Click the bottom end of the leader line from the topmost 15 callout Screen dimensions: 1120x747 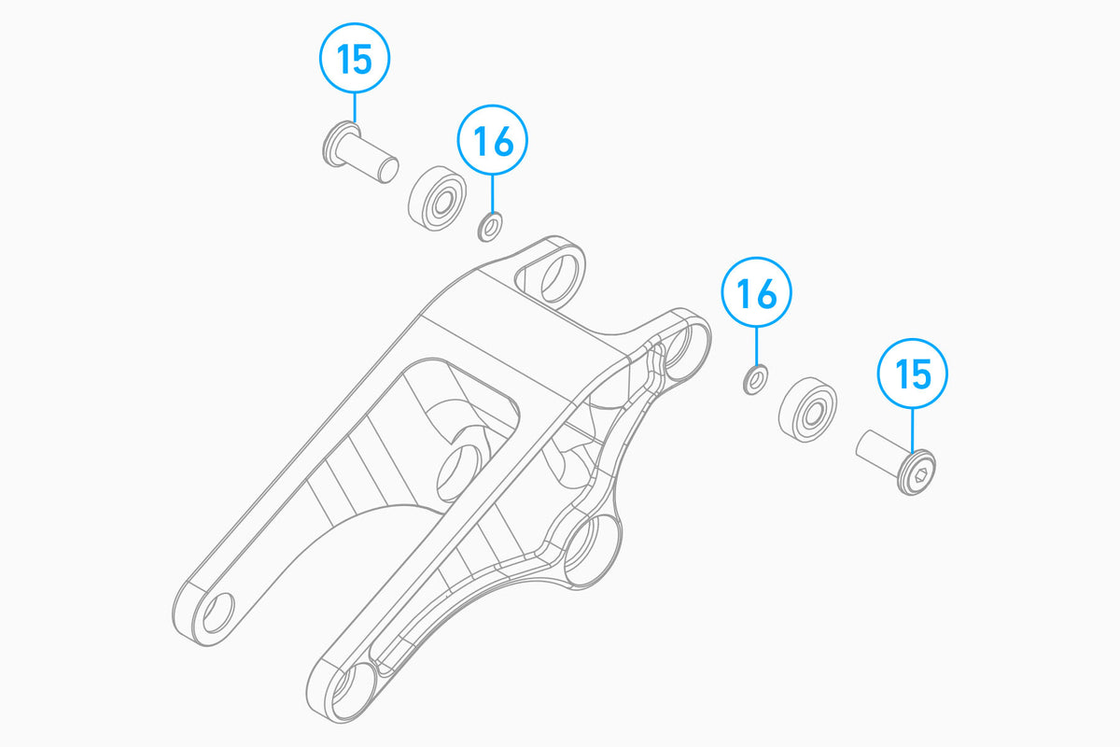coord(355,122)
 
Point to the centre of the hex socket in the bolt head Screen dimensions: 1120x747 coord(921,475)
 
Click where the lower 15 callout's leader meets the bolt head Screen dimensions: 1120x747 coord(913,452)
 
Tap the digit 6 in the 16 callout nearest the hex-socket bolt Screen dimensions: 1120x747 coord(767,294)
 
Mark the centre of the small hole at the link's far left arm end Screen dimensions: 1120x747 coord(218,613)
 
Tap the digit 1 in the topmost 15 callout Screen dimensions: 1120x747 coord(343,59)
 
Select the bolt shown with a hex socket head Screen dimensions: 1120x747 coord(895,462)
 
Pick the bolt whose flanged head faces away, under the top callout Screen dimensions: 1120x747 coord(360,152)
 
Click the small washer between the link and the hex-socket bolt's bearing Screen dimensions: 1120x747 coord(755,380)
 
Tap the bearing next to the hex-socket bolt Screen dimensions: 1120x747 coord(807,410)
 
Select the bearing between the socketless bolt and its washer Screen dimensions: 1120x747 coord(437,198)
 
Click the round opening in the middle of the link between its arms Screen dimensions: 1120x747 coord(456,473)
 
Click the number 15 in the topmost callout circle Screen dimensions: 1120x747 coord(355,59)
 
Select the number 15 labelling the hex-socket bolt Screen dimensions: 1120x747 coord(913,373)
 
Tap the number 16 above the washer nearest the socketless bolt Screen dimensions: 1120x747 coord(493,141)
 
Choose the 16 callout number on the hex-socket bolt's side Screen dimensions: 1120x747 coord(757,294)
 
